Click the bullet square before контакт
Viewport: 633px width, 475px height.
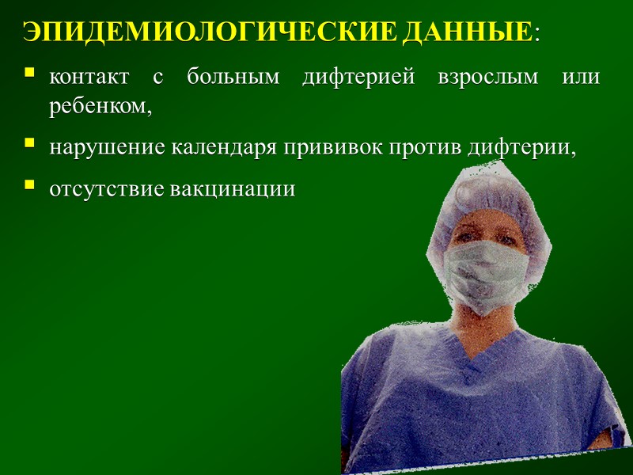click(x=30, y=74)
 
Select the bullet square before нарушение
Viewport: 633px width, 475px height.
click(x=30, y=144)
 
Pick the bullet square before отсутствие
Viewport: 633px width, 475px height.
click(x=30, y=185)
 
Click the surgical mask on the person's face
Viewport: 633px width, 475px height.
click(x=484, y=274)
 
